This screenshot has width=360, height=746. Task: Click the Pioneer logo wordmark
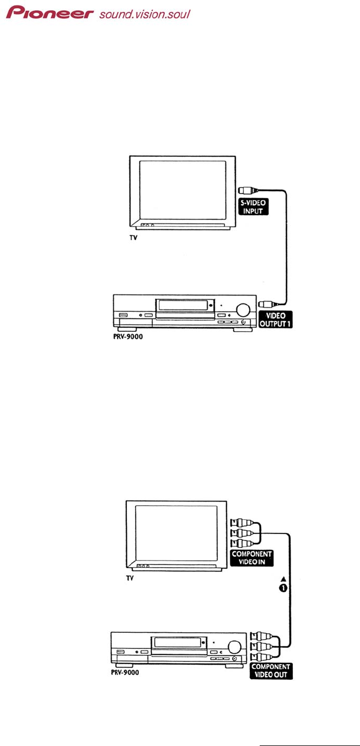click(50, 12)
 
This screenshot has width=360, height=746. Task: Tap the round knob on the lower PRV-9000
click(235, 646)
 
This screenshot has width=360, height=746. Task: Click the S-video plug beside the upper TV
click(247, 190)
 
